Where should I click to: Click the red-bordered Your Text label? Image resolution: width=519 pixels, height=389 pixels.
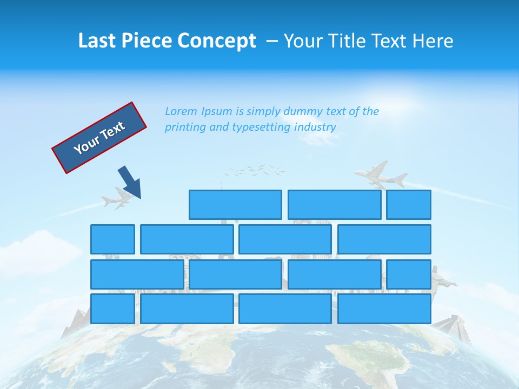(x=99, y=138)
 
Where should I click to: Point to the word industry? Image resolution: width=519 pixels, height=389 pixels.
(x=315, y=128)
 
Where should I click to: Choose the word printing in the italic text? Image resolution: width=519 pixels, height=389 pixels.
(x=183, y=128)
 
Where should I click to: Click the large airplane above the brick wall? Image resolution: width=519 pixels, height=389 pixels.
(x=381, y=175)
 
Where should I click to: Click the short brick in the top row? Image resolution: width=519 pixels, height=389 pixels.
(x=409, y=205)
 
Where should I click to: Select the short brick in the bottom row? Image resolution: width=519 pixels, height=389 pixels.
(x=112, y=308)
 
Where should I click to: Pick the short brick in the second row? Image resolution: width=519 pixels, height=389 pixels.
(x=112, y=239)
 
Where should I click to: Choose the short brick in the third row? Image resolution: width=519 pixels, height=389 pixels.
(x=409, y=274)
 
